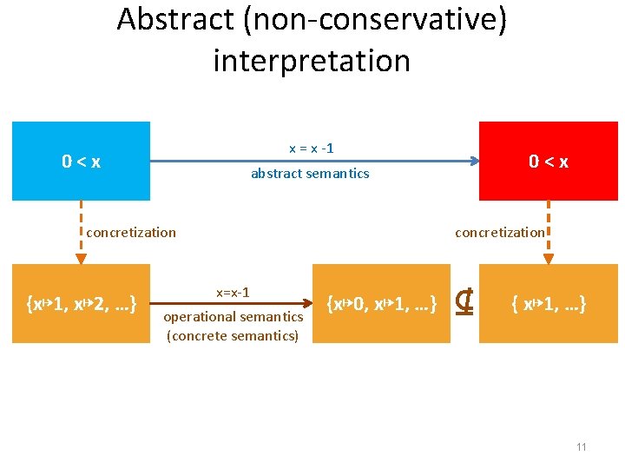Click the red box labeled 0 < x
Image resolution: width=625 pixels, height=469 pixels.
549,161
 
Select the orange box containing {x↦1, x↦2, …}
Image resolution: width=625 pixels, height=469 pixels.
81,304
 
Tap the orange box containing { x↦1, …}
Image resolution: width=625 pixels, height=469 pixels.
549,304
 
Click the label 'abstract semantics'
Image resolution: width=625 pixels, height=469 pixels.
310,174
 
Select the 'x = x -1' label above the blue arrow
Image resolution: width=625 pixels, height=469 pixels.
311,149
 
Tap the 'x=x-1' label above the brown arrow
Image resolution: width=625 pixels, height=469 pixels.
233,293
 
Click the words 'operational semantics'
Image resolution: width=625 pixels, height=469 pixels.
234,318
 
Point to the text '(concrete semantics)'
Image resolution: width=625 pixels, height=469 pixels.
233,335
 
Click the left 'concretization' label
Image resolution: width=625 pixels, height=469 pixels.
130,232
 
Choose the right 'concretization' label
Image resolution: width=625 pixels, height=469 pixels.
500,232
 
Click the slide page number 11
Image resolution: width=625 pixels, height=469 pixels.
581,446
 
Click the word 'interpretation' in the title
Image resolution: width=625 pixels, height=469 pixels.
311,61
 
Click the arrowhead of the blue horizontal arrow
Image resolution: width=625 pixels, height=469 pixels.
474,161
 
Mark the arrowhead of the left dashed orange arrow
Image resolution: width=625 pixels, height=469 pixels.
81,259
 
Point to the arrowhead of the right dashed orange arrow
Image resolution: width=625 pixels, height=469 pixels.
548,259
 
